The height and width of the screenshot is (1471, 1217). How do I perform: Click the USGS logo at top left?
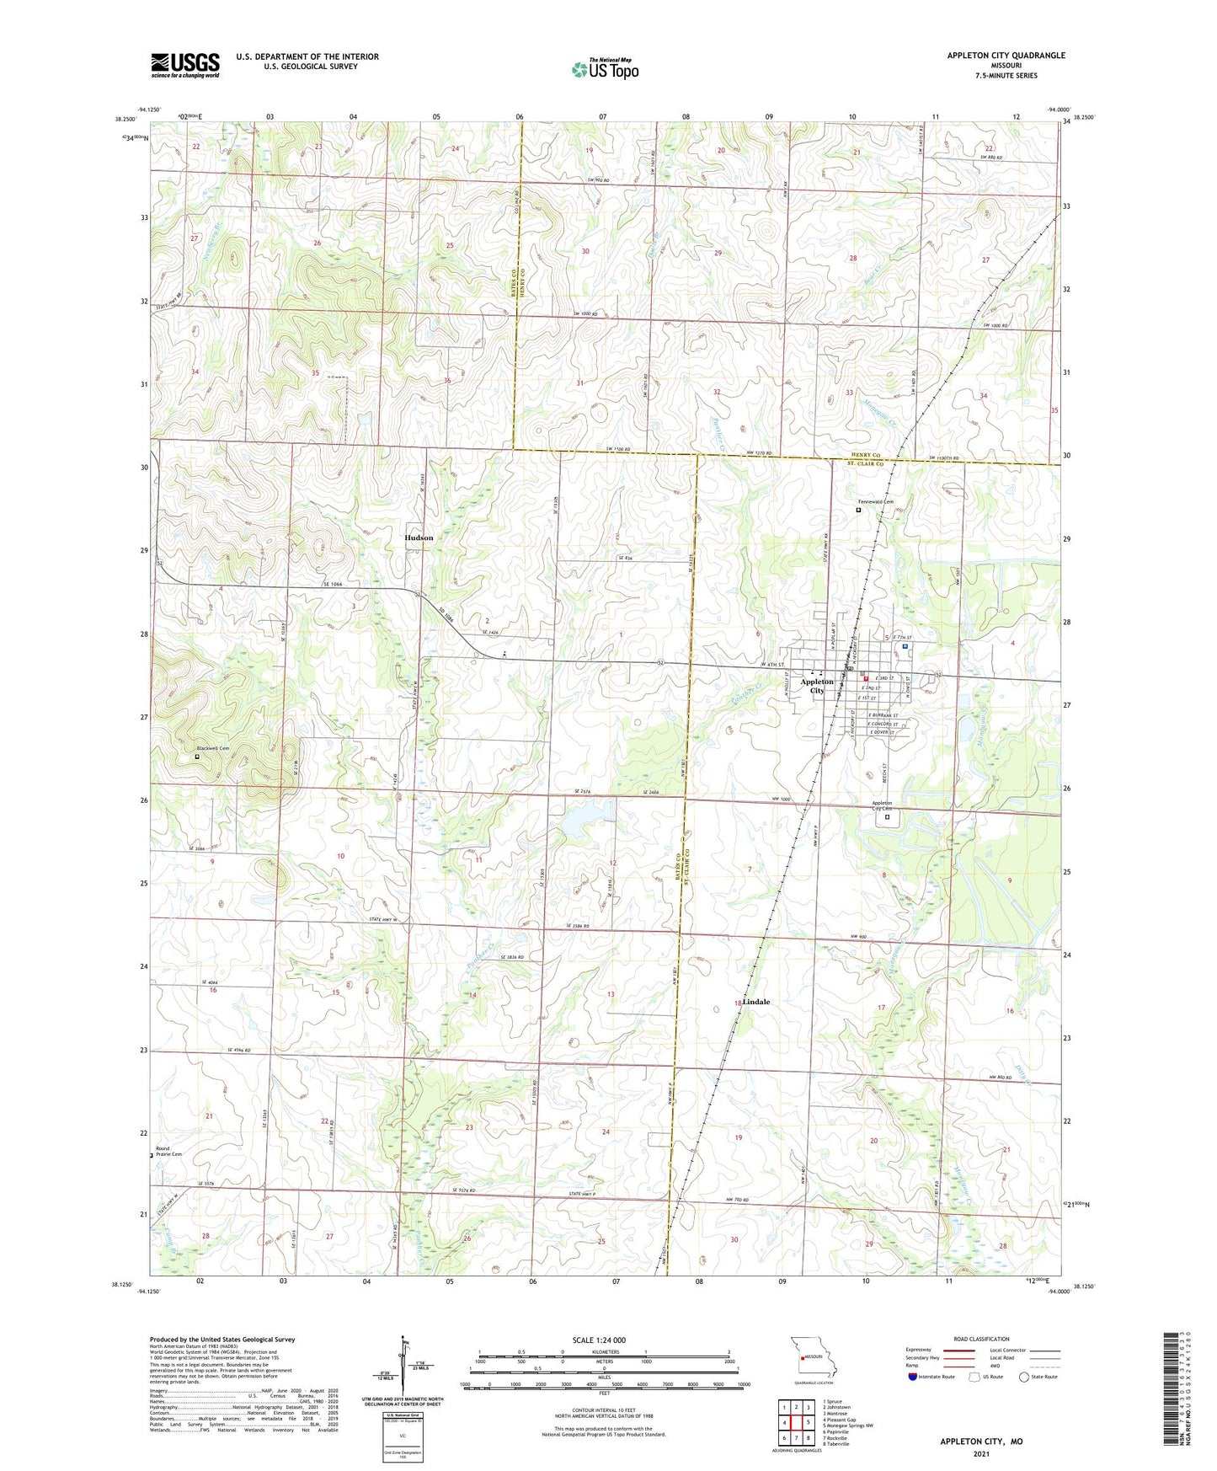coord(185,65)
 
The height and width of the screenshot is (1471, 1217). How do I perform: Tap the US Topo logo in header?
coord(605,69)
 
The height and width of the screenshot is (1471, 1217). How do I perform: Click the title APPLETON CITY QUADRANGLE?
coord(1006,56)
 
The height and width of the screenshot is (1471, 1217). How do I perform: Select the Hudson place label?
coord(419,538)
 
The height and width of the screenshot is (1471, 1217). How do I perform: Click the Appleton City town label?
coord(817,686)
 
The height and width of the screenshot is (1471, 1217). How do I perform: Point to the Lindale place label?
coord(755,1003)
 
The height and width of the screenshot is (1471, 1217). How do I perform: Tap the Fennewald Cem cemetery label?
coord(875,502)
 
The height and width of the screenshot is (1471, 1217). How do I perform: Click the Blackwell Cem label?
coord(212,748)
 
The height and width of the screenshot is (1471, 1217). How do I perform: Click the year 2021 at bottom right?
coord(981,1453)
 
